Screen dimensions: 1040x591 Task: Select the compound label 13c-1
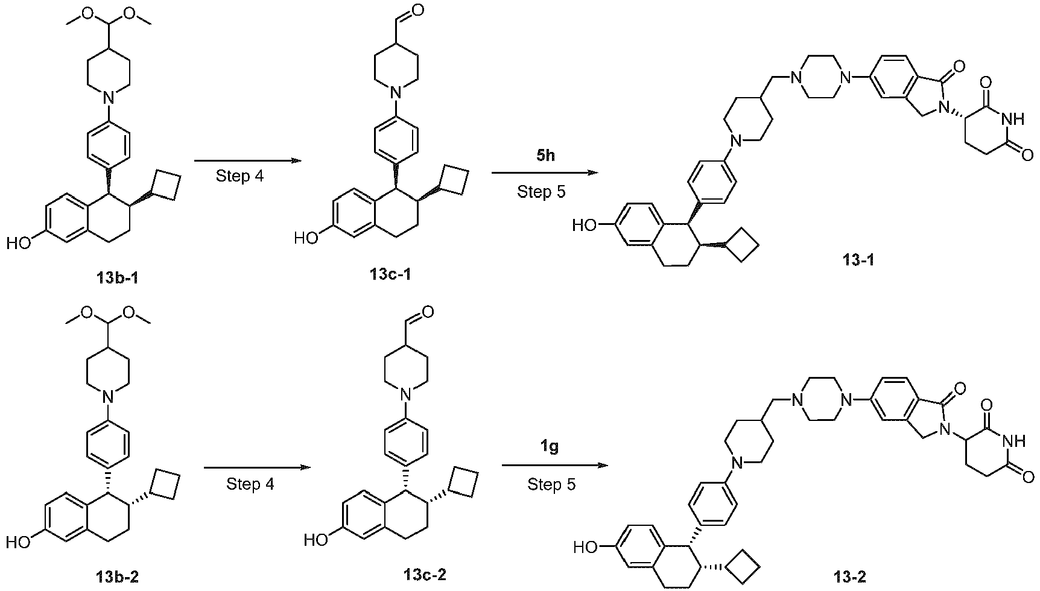pos(392,274)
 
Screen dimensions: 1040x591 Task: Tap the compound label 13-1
pos(859,261)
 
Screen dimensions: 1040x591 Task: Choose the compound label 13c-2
pos(425,574)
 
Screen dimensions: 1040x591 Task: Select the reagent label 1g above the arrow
pos(549,447)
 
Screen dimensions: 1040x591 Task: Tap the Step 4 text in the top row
pos(240,177)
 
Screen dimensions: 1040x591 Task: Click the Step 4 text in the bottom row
pos(250,484)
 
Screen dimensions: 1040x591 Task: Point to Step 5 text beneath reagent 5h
pos(541,192)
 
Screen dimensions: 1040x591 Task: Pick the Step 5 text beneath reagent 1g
pos(551,484)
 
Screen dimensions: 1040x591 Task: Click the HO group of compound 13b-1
pos(19,244)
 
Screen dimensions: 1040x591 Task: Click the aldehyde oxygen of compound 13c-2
pos(428,312)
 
